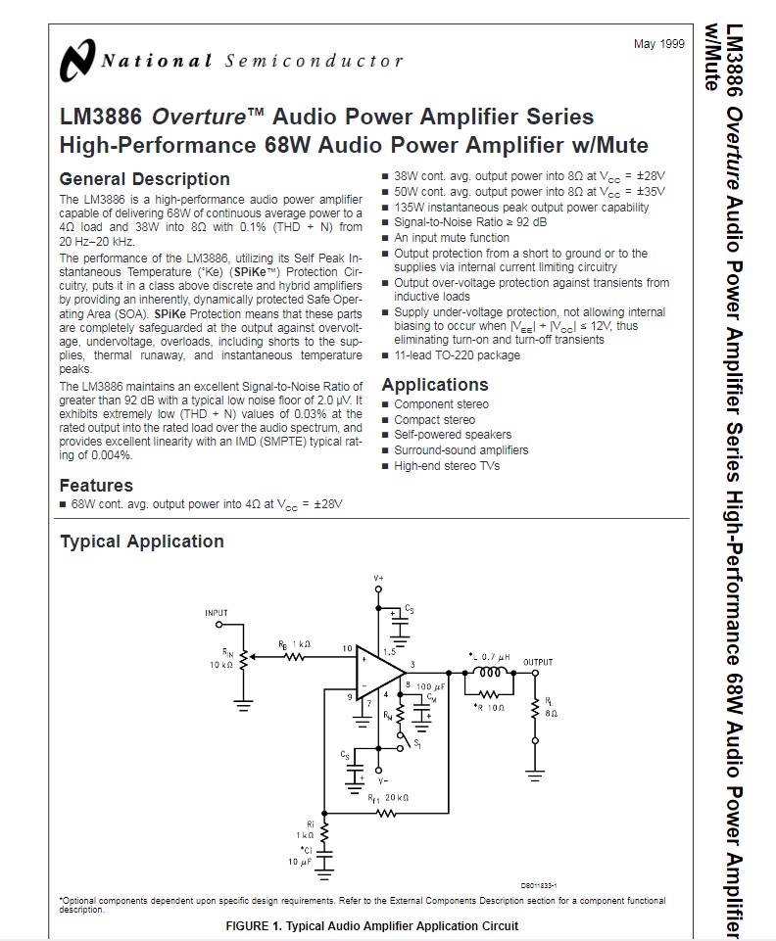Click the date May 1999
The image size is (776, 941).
click(x=659, y=45)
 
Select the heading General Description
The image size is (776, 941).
click(x=144, y=179)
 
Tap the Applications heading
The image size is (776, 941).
click(x=434, y=385)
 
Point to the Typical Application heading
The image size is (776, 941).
click(x=142, y=541)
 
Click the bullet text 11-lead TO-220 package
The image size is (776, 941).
click(x=457, y=355)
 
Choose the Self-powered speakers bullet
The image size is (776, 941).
click(x=453, y=435)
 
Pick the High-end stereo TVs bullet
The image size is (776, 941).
click(x=447, y=466)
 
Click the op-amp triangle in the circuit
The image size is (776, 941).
click(x=378, y=672)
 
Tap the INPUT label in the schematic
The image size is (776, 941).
click(x=217, y=613)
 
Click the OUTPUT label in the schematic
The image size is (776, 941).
click(x=538, y=662)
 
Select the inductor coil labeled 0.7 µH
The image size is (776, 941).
click(x=489, y=673)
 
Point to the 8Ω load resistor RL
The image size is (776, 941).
click(x=535, y=711)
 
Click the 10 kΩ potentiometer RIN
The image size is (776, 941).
click(x=241, y=657)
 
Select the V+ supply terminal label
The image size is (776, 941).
click(x=378, y=580)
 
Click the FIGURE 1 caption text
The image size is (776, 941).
click(x=371, y=926)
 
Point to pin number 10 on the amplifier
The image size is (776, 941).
click(x=347, y=649)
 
